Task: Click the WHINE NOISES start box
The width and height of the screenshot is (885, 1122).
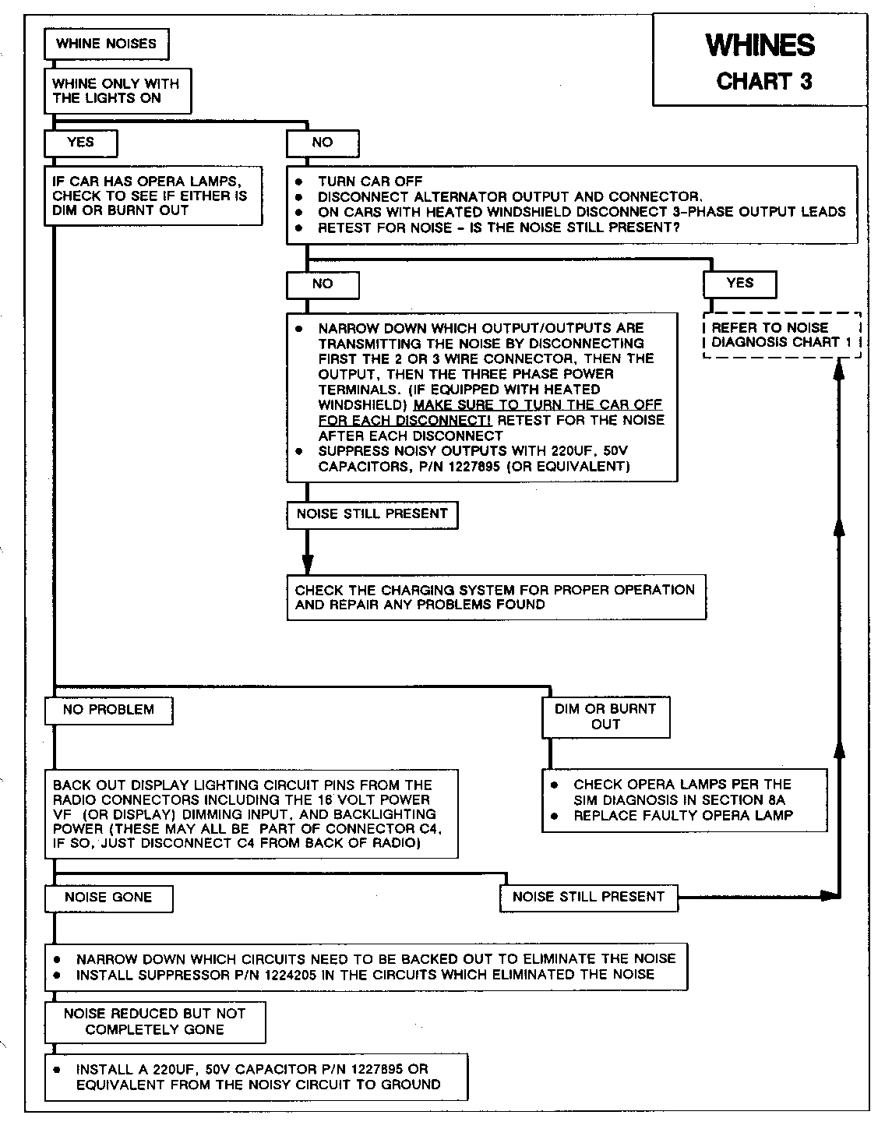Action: pyautogui.click(x=107, y=44)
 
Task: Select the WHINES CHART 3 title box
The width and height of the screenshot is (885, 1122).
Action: pyautogui.click(x=760, y=61)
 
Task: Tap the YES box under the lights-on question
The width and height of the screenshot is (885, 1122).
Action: pyautogui.click(x=81, y=143)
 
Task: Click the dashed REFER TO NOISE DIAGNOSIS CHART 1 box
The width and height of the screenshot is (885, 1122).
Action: pyautogui.click(x=781, y=335)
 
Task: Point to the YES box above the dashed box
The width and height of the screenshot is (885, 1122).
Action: pyautogui.click(x=739, y=284)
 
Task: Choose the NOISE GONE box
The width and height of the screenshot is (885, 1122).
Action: pyautogui.click(x=108, y=898)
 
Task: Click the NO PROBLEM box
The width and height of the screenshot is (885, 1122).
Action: pyautogui.click(x=108, y=710)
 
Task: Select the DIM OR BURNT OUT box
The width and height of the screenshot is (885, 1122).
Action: pyautogui.click(x=605, y=717)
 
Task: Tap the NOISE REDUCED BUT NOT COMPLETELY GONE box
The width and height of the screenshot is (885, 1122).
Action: pyautogui.click(x=154, y=1021)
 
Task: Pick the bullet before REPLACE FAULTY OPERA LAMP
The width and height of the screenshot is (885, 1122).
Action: pyautogui.click(x=554, y=816)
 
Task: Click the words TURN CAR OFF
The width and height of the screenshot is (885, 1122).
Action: pyautogui.click(x=370, y=182)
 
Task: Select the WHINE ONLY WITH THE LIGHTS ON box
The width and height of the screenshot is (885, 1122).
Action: pyautogui.click(x=117, y=91)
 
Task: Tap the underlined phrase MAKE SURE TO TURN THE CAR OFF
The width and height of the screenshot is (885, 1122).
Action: pyautogui.click(x=538, y=405)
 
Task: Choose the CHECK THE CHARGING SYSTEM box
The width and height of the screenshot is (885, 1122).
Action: pyautogui.click(x=495, y=598)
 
